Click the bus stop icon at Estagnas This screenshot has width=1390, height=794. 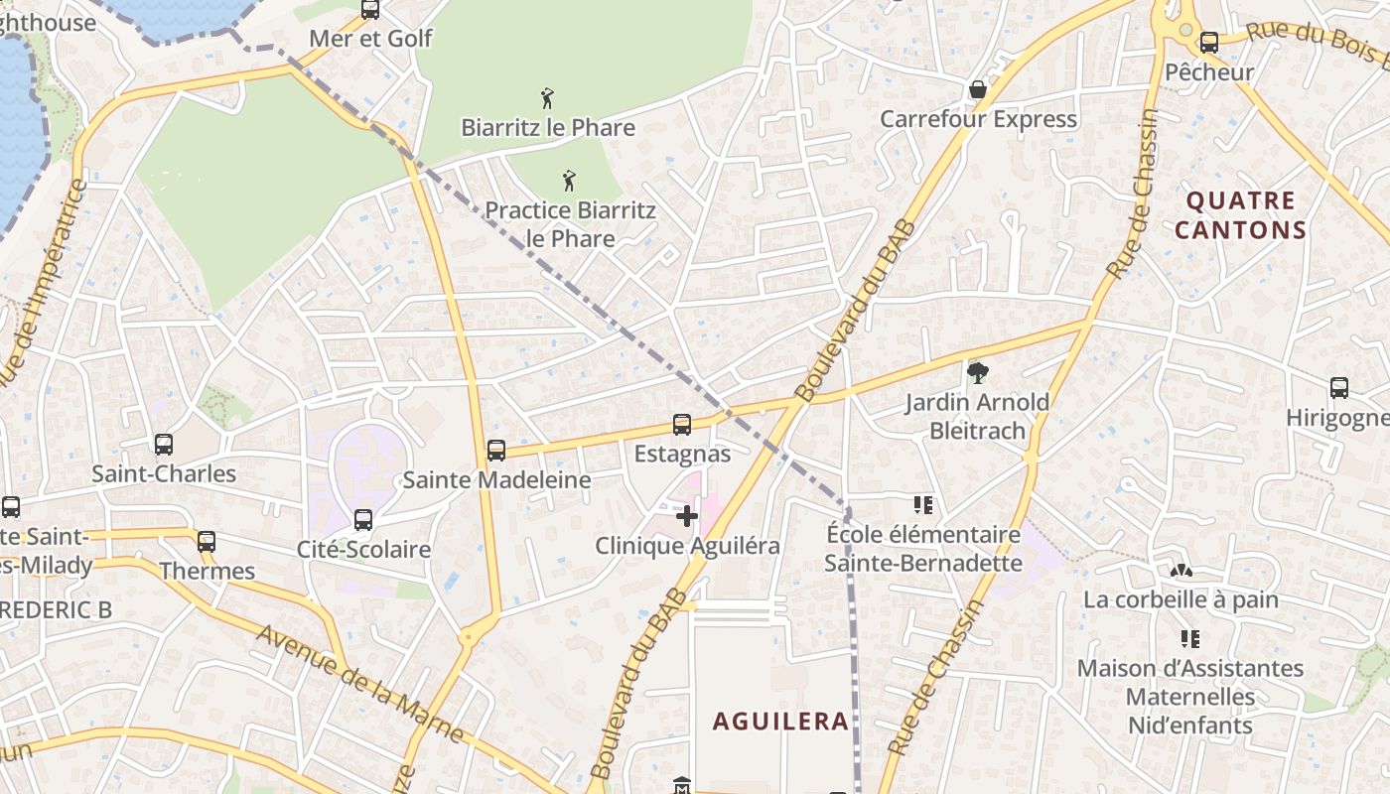coord(682,425)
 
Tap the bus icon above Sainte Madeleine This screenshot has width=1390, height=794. coord(496,451)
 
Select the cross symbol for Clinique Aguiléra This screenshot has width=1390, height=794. coord(687,516)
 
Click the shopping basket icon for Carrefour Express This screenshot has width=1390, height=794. coord(978,90)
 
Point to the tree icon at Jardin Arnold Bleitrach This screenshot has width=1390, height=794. coord(978,373)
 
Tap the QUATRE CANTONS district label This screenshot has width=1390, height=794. coord(1240,215)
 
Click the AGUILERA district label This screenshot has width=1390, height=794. coord(780,722)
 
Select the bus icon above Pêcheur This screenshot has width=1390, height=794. coord(1209,43)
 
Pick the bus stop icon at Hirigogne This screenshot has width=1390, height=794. coord(1339,388)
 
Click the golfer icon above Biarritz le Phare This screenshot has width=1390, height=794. coord(547,98)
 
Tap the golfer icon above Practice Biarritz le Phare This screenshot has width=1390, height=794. coord(569,181)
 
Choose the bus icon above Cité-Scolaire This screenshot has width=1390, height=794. coord(363,520)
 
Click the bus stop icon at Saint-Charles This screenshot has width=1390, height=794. coord(164,445)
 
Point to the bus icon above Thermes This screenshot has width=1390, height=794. coord(207,542)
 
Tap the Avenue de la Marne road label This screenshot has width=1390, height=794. coord(359,685)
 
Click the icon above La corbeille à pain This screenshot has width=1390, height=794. coord(1181,571)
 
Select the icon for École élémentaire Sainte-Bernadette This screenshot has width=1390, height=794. coord(923,505)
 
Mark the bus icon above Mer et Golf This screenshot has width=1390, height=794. coord(370,10)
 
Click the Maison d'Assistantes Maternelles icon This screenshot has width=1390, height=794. coord(1189,638)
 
